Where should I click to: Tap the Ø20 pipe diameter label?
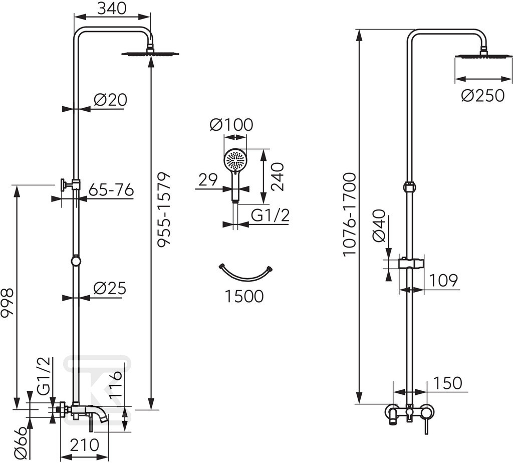(x=110, y=100)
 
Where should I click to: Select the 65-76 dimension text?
(x=111, y=190)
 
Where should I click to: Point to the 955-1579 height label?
(x=164, y=209)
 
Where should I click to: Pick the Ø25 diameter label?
(x=110, y=288)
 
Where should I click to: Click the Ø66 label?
(x=21, y=443)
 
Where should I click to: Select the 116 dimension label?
(x=116, y=384)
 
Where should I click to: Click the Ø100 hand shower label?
(x=231, y=125)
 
